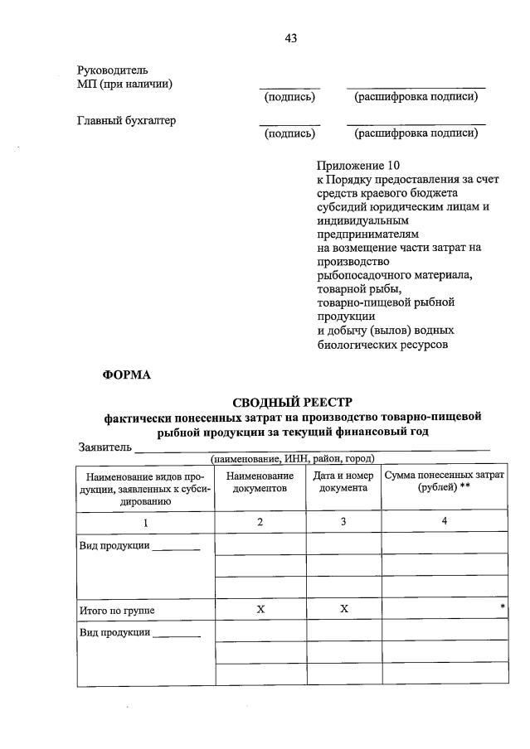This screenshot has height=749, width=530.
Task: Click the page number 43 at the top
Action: (289, 38)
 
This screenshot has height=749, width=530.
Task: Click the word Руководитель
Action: (113, 70)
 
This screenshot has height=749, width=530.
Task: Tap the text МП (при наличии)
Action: (124, 84)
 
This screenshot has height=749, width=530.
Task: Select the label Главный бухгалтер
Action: (126, 120)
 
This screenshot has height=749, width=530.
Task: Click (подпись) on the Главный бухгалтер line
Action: (289, 133)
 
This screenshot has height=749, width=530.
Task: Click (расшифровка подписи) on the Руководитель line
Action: (416, 97)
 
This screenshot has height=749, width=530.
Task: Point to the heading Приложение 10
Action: (357, 166)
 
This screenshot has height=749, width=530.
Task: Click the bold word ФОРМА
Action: (126, 374)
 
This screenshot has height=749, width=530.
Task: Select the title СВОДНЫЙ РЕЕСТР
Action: (292, 402)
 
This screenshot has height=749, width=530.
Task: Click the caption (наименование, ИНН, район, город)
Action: (292, 458)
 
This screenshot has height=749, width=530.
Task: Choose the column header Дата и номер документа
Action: (340, 481)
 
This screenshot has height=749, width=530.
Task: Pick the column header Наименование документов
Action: (260, 481)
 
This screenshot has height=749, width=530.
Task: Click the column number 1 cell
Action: (145, 522)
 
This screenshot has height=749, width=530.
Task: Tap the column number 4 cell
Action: (444, 521)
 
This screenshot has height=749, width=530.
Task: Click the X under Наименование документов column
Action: (260, 609)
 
